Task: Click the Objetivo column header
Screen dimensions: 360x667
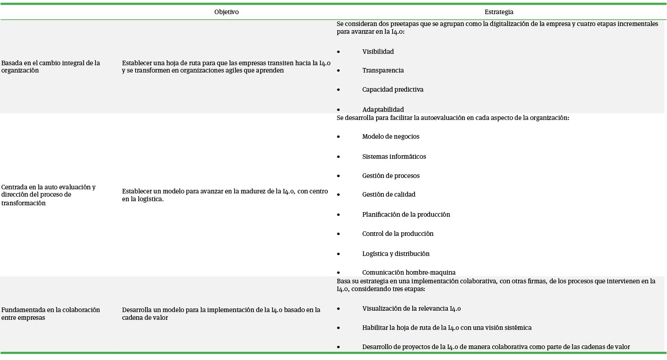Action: click(226, 12)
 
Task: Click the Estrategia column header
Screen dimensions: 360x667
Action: click(499, 12)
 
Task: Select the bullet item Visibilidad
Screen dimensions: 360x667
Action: click(378, 52)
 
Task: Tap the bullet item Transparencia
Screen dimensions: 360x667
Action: click(383, 70)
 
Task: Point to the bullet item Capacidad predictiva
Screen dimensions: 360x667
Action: click(393, 89)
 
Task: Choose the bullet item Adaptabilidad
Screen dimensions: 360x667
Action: click(383, 110)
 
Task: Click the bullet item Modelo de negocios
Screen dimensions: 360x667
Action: click(390, 136)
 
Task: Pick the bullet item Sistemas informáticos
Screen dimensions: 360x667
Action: click(394, 157)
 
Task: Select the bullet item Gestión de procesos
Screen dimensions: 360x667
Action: click(390, 176)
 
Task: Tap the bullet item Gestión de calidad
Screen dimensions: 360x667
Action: click(389, 194)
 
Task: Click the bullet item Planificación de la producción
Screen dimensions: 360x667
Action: click(406, 214)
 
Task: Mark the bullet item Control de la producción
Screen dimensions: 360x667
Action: click(398, 234)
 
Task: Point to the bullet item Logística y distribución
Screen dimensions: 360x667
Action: click(395, 254)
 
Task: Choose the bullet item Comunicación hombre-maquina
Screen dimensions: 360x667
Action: click(409, 272)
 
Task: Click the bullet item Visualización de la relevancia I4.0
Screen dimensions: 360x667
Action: click(411, 308)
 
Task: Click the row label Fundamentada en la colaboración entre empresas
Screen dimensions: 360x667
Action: click(50, 313)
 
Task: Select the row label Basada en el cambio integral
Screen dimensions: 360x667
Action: click(50, 67)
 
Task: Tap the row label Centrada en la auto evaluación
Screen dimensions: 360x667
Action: click(48, 195)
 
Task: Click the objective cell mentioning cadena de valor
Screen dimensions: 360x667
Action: click(221, 313)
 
